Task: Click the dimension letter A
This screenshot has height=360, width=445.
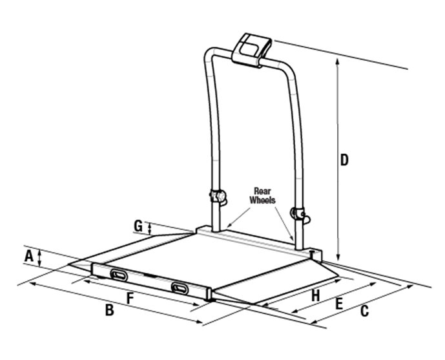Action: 28,256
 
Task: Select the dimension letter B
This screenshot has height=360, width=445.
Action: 110,310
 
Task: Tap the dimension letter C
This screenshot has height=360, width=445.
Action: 365,311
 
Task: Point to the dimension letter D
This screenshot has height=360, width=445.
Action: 344,160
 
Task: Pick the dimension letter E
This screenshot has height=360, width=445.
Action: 339,304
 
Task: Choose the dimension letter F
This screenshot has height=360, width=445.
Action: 130,299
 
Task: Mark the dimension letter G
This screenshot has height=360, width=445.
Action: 138,226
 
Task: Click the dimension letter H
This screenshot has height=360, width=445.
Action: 316,295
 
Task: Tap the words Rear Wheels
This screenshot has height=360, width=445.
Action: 262,196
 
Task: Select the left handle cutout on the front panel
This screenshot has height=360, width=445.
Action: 119,275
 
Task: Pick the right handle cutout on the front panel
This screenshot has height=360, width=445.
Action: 180,288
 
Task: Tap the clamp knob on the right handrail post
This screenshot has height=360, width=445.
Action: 300,215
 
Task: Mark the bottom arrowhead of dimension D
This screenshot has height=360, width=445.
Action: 338,257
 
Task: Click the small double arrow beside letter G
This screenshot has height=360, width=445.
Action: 150,228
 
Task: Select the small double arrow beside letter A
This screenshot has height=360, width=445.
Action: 40,258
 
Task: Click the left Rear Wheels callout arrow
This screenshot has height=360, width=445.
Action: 239,217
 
